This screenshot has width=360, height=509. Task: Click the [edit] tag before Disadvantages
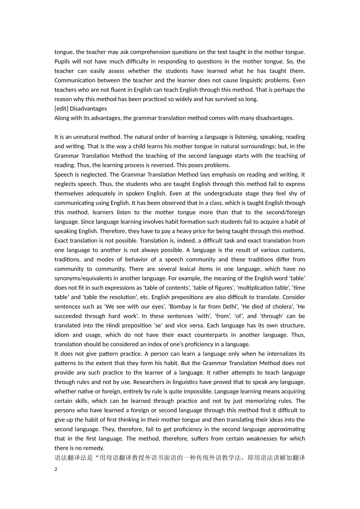pos(61,109)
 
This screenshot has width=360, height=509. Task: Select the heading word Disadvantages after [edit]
pos(88,109)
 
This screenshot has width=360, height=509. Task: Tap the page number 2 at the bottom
pos(56,469)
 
